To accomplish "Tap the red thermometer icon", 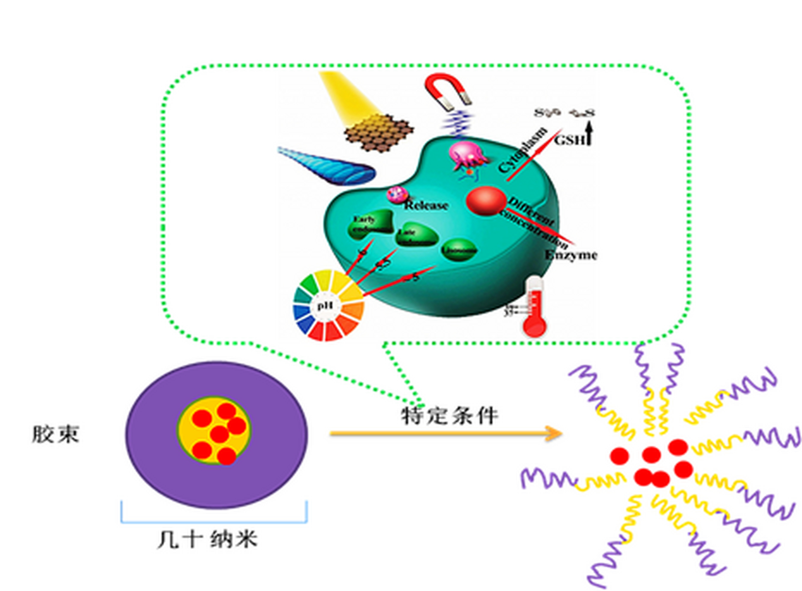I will coord(535,307).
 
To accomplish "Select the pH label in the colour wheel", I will coord(325,305).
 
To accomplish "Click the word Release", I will coord(426,205).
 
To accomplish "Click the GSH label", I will coord(570,139).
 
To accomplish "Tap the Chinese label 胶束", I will coord(55,434).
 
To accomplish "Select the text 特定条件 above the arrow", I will coord(449,416).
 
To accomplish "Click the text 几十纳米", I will coord(207,539).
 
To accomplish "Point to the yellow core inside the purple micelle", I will coord(215,430).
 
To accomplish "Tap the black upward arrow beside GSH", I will coord(589,132).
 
